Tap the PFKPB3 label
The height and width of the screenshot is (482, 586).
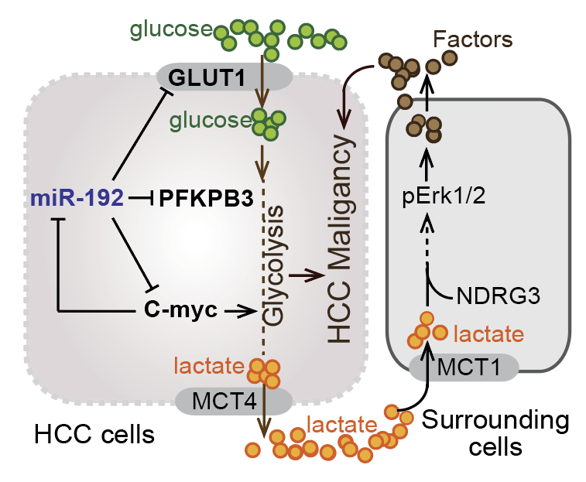point(207,199)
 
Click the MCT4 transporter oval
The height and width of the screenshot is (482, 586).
point(234,401)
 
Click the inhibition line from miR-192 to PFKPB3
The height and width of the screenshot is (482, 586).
point(141,199)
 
